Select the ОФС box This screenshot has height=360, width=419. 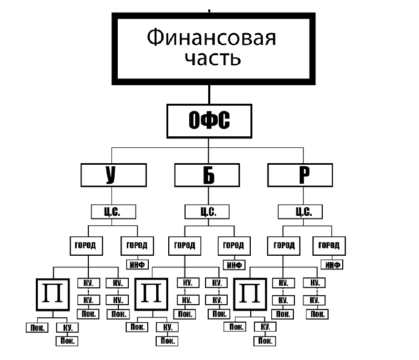pyautogui.click(x=209, y=121)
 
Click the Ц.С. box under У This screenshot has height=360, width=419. pyautogui.click(x=113, y=212)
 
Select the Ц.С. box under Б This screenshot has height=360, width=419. pyautogui.click(x=207, y=212)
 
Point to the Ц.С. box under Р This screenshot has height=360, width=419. pyautogui.click(x=300, y=212)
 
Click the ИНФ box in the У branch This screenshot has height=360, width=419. pyautogui.click(x=138, y=264)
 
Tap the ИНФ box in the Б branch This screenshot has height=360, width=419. pyautogui.click(x=234, y=264)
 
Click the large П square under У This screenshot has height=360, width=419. pyautogui.click(x=53, y=293)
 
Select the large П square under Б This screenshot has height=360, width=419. pyautogui.click(x=152, y=293)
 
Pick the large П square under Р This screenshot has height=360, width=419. pyautogui.click(x=250, y=293)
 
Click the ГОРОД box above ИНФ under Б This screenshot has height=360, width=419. pyautogui.click(x=233, y=245)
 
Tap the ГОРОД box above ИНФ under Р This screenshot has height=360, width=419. pyautogui.click(x=329, y=245)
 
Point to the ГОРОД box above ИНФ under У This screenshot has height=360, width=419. pyautogui.click(x=138, y=245)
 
